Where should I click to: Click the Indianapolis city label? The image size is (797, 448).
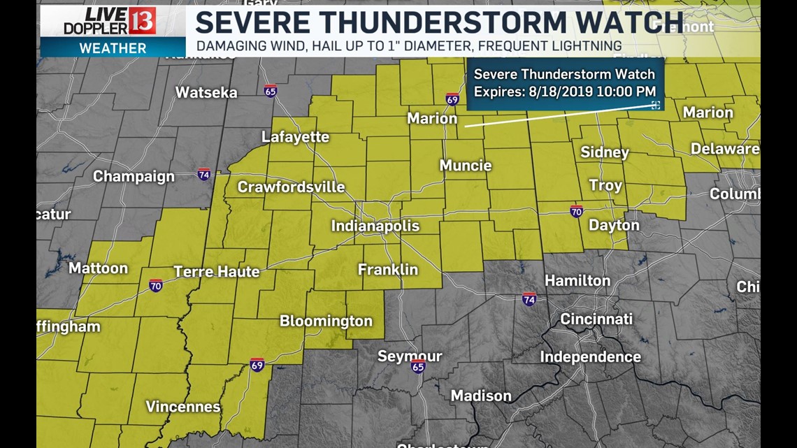[375, 226]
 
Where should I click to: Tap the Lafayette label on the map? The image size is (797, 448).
[295, 137]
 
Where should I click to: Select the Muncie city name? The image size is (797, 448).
[465, 166]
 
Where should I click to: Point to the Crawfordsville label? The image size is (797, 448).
[291, 187]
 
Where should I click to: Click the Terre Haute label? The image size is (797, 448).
[216, 271]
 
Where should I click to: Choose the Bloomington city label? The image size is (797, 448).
[326, 321]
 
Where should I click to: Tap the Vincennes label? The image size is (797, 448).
[183, 406]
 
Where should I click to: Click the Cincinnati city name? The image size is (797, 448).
[596, 319]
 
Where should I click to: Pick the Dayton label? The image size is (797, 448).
[614, 225]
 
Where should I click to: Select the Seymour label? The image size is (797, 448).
[410, 356]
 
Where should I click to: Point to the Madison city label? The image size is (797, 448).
[481, 396]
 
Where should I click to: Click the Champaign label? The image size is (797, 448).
[134, 176]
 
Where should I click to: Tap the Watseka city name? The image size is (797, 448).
[206, 92]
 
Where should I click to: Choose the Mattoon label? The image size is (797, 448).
[99, 268]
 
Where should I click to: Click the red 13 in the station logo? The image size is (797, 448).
[142, 21]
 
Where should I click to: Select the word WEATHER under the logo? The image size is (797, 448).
[113, 48]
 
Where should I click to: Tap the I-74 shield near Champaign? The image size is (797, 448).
[203, 173]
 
